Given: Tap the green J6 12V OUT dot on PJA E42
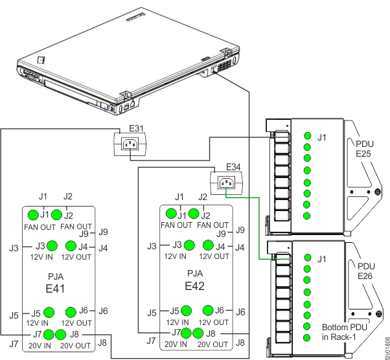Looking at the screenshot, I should point(208,309).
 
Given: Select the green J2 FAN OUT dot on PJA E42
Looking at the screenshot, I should point(194,213).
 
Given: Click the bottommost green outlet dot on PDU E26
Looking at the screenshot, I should point(306,338).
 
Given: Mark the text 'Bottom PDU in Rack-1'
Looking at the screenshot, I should point(344,332).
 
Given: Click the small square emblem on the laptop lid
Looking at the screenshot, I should point(41,59).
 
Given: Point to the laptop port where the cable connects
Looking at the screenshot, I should point(214,69).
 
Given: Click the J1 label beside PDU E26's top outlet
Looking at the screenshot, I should point(322,259).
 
